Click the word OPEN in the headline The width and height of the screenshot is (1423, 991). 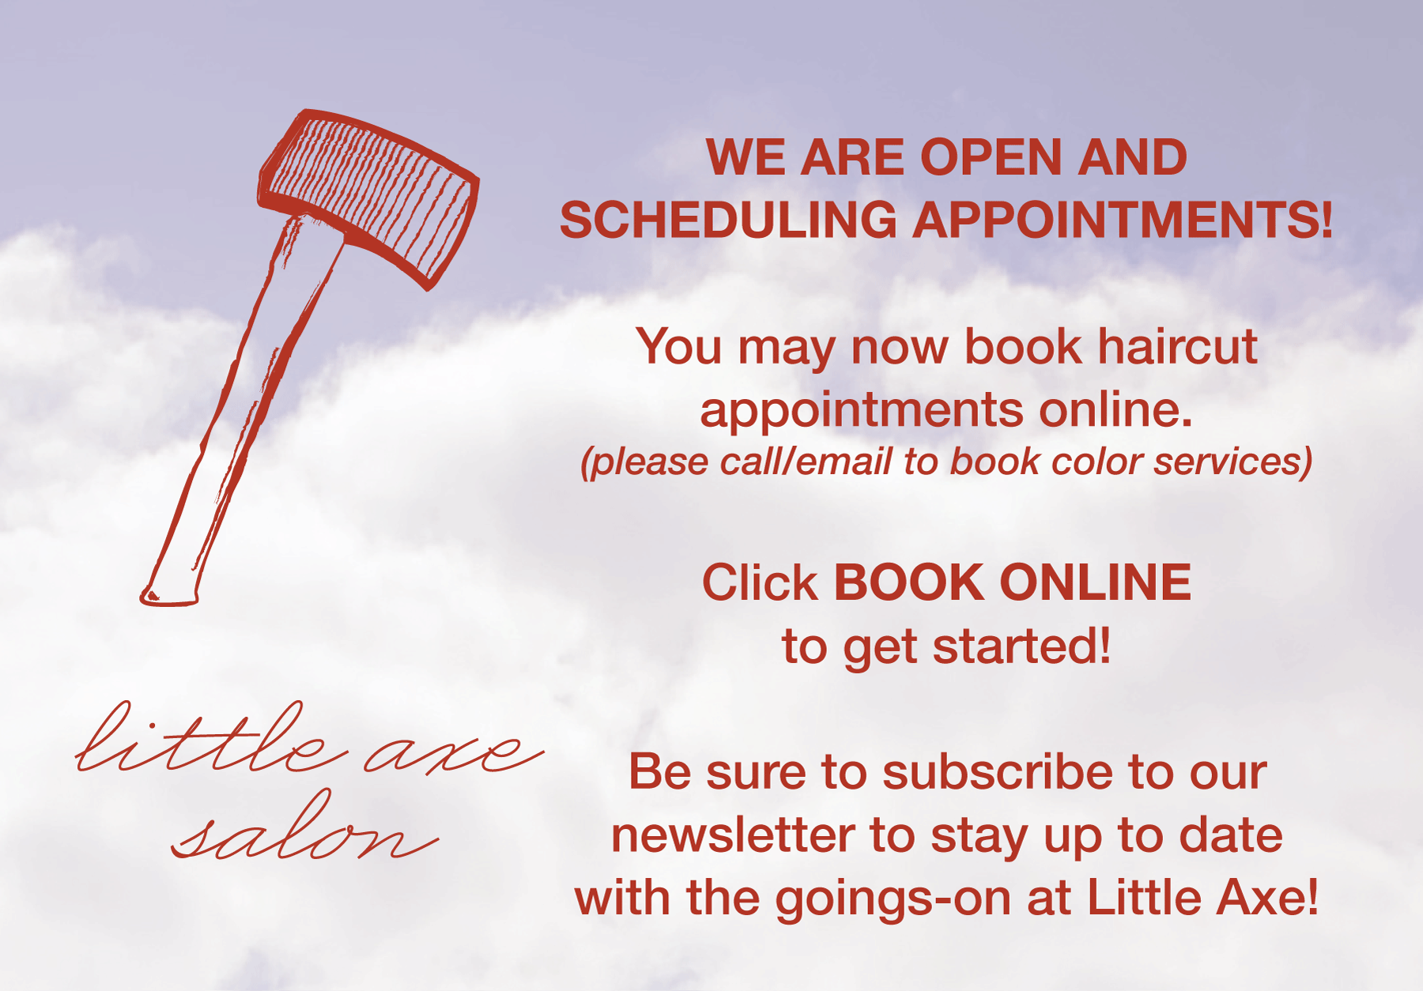[991, 157]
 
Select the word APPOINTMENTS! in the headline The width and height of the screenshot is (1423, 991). [1123, 220]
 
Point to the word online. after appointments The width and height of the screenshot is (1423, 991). [1115, 409]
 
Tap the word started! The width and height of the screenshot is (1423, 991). [1022, 646]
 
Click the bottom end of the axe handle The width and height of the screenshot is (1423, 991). [168, 597]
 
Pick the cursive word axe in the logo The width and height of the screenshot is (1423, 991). [454, 751]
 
